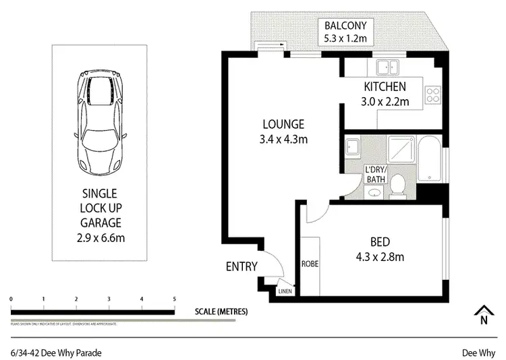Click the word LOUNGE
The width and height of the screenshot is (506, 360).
click(283, 125)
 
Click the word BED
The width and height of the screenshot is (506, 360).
click(381, 242)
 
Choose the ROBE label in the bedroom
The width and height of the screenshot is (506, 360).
click(310, 264)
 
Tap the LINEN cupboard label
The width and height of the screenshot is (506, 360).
click(285, 292)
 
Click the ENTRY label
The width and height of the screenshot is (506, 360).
click(241, 266)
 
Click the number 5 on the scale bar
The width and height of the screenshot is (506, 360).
click(174, 299)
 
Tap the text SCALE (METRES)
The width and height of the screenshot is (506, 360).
click(221, 311)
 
